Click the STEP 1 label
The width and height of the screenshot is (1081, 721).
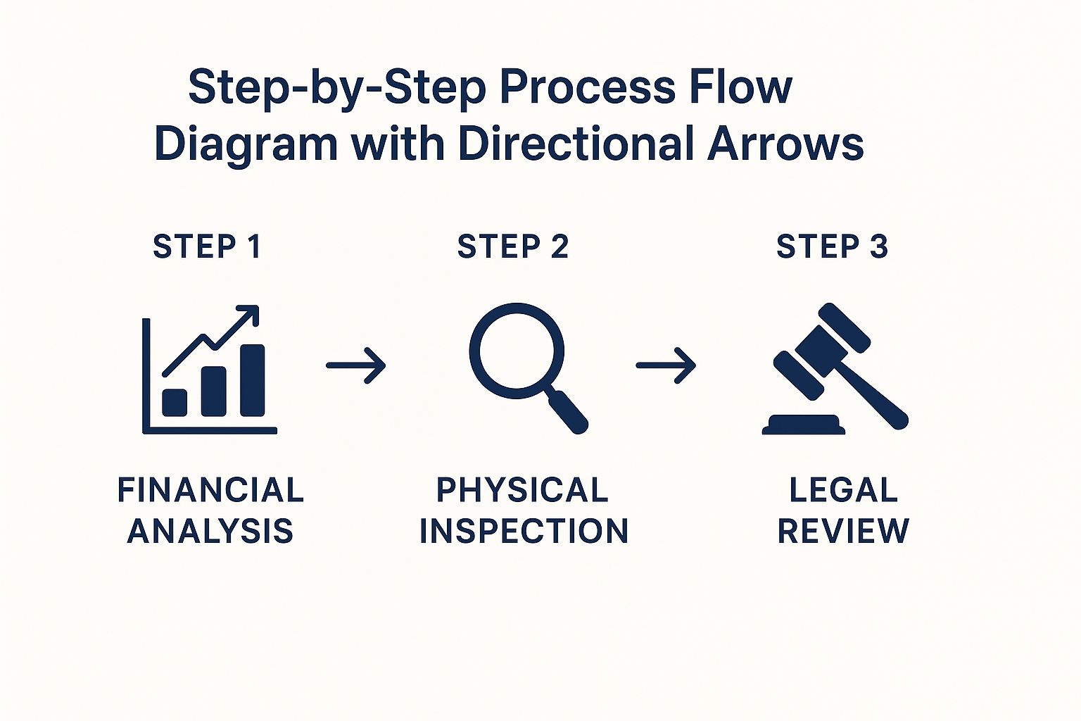click(x=207, y=247)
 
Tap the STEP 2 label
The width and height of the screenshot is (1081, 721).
click(x=512, y=247)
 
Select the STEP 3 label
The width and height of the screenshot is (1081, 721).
click(x=832, y=247)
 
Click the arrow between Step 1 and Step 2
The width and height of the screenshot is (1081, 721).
click(x=356, y=365)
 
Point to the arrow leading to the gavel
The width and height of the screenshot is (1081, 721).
click(x=666, y=365)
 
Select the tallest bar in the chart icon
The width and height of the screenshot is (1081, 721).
click(x=252, y=380)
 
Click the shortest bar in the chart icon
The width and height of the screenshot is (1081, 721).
click(x=175, y=402)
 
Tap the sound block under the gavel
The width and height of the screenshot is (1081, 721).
click(x=804, y=425)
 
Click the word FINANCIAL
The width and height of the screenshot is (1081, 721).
click(x=210, y=490)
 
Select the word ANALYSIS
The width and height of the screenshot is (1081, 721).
click(x=210, y=531)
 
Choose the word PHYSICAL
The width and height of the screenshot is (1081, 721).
click(x=522, y=490)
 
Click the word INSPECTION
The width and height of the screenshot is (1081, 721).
click(x=524, y=531)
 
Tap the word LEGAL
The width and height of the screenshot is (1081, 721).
click(x=843, y=490)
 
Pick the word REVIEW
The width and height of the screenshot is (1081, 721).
click(x=843, y=531)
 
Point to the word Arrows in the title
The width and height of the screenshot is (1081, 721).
click(x=785, y=144)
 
